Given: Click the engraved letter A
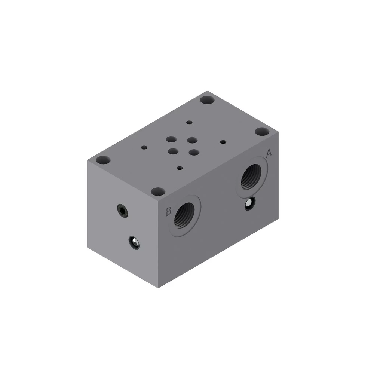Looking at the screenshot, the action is point(269,153).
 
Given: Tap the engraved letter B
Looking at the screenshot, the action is point(168,211).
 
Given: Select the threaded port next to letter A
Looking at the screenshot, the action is point(251,177).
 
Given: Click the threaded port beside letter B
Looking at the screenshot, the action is point(184,215).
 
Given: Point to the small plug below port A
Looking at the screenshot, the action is point(250,203).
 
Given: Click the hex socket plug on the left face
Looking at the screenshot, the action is point(122,211).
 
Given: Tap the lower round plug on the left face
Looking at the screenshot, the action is point(134,242).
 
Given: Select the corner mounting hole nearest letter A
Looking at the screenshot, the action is point(262,131).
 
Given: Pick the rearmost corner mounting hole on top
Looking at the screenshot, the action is point(207,100).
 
